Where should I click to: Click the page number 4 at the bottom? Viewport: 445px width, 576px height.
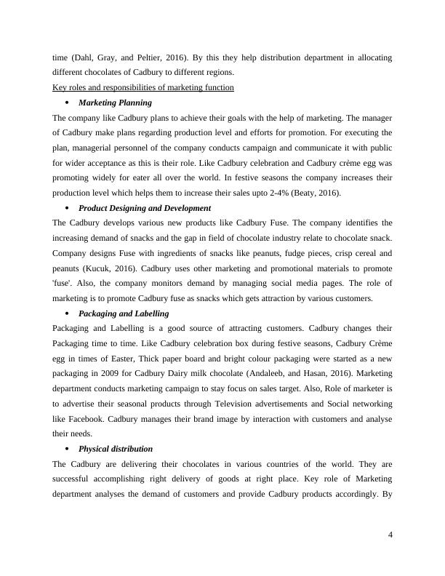click(x=390, y=535)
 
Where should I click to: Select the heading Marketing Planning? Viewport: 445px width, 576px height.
click(x=115, y=103)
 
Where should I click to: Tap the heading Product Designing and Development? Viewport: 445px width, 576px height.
click(x=145, y=208)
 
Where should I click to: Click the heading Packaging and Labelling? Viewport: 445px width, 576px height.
click(x=124, y=313)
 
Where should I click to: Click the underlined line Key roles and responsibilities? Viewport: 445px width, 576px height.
click(x=143, y=87)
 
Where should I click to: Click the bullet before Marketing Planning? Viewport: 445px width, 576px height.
click(x=67, y=103)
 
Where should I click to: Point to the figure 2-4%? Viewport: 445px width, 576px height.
click(x=257, y=193)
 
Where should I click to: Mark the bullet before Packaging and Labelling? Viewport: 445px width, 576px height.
click(x=67, y=313)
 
